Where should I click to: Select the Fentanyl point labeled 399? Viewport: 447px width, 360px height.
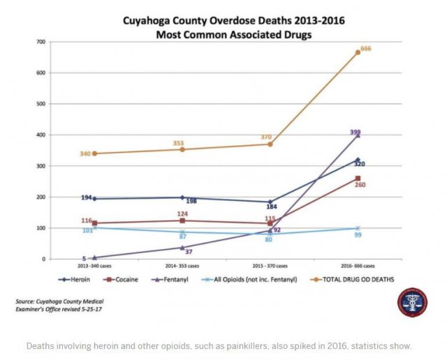(358, 135)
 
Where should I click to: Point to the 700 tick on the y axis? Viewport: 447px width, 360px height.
(42, 42)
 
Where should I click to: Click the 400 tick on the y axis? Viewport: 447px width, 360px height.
(42, 135)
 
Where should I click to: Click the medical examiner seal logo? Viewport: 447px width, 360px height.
(412, 302)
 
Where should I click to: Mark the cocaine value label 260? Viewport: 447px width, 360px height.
(360, 184)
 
